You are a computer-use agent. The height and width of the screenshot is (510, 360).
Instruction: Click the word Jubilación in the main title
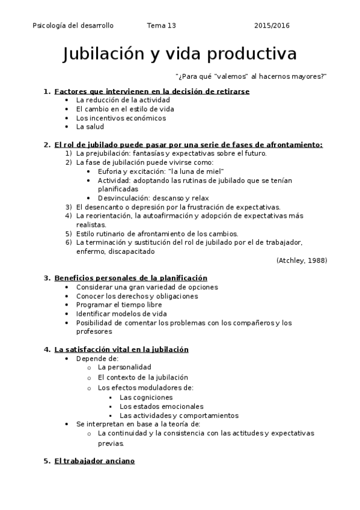[100, 54]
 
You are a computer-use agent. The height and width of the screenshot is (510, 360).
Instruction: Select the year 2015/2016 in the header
[272, 25]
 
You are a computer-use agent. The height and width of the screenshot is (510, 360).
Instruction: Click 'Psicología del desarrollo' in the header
[72, 25]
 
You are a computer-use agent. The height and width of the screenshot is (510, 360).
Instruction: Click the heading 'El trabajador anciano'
[94, 461]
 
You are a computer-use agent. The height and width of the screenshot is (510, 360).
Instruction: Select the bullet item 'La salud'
[90, 127]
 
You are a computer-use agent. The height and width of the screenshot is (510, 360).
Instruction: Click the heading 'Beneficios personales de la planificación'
[130, 278]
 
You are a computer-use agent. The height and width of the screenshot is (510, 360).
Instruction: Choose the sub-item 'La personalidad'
[124, 367]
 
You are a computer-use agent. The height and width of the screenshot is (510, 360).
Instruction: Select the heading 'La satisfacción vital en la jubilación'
[121, 349]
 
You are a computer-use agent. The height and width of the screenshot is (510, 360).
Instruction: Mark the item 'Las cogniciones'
[146, 397]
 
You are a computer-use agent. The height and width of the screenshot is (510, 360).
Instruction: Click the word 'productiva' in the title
[252, 54]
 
